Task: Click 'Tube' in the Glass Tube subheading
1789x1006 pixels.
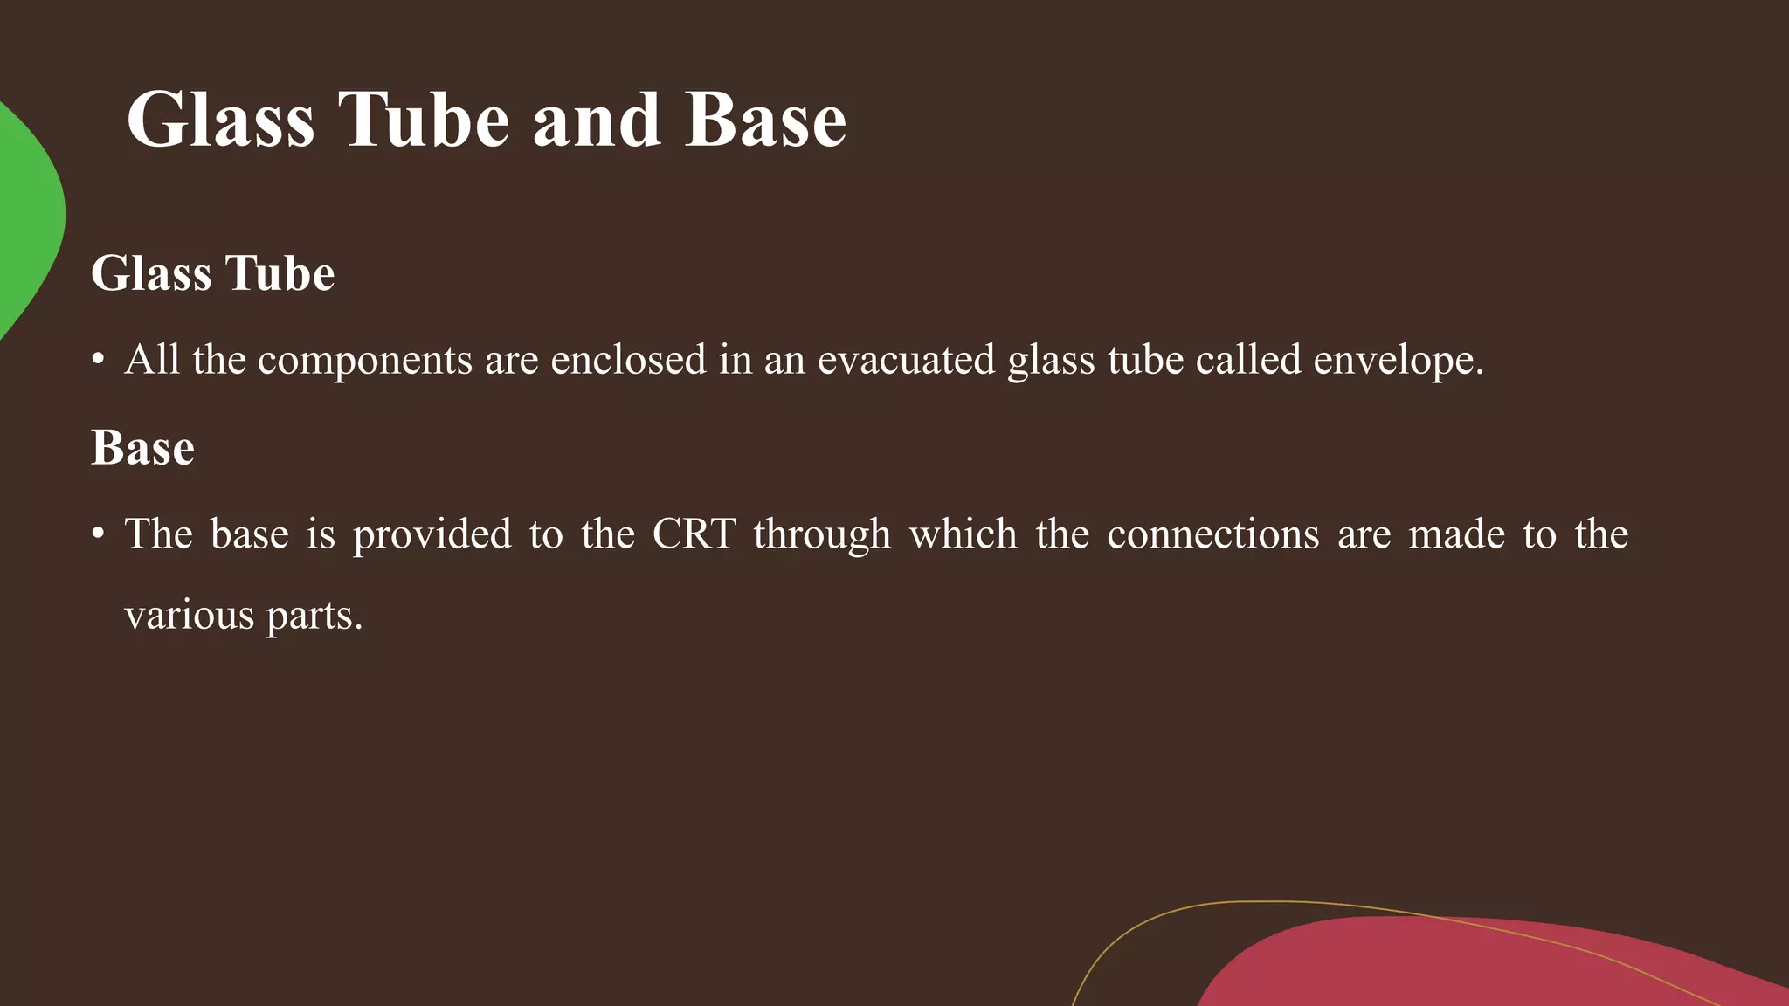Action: (280, 273)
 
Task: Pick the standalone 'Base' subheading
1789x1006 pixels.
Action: (142, 448)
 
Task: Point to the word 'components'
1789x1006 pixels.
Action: (365, 360)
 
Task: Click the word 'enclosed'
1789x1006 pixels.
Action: (628, 360)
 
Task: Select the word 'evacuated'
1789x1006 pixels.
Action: (906, 360)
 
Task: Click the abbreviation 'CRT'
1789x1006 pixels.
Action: (694, 534)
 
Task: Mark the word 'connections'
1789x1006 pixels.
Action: (1212, 534)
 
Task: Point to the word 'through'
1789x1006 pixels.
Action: (822, 535)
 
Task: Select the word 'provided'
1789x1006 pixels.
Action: (432, 534)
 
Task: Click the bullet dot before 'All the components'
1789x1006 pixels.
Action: (98, 360)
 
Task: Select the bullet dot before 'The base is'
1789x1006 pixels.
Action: (98, 534)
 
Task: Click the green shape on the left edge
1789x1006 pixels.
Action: (26, 218)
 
